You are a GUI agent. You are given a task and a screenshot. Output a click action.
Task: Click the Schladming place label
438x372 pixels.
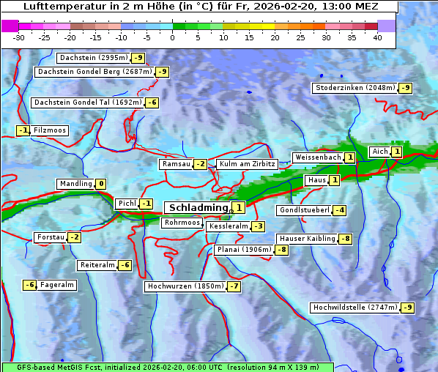pos(198,208)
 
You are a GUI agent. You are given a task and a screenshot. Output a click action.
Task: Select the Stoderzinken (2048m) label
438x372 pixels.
pos(355,88)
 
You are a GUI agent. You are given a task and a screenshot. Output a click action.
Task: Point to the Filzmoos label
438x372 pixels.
pos(49,130)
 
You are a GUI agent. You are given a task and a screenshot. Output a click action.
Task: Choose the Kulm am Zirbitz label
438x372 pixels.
pos(247,165)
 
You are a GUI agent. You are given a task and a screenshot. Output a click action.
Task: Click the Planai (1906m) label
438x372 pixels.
pos(244,250)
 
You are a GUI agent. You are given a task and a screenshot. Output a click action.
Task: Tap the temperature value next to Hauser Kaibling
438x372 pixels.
pos(345,239)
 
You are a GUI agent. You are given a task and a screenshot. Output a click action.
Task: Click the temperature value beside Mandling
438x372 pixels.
pos(101,184)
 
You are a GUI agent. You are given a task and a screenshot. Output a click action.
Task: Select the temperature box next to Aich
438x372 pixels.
pos(396,152)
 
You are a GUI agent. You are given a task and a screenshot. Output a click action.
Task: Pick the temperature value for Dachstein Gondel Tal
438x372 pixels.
pos(152,103)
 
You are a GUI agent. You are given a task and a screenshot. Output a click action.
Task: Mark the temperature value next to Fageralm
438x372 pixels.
pos(29,285)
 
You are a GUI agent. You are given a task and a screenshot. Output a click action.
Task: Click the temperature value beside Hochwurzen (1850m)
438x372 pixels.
pos(234,286)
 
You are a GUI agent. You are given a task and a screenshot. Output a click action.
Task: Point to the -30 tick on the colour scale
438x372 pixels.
pos(19,37)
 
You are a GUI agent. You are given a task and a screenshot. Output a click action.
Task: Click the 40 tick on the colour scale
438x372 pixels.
pos(377,37)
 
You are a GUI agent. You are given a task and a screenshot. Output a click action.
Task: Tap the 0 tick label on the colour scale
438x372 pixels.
pos(173,37)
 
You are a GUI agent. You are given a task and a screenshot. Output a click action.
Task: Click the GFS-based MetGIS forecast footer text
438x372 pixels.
pos(167,366)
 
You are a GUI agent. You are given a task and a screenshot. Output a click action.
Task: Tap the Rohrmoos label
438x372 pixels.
pos(182,223)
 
